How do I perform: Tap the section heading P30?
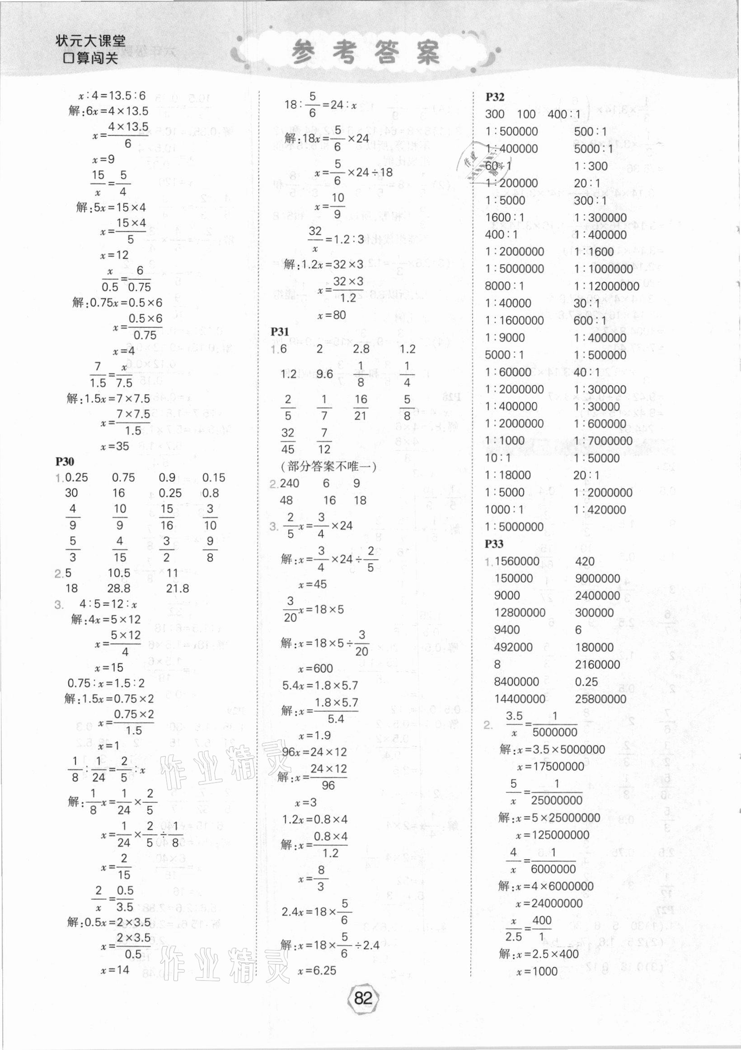pos(65,462)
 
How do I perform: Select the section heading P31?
pos(279,332)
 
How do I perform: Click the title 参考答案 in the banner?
pos(366,52)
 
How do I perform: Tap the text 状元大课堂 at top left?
pos(90,41)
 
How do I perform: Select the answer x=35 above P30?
pos(114,446)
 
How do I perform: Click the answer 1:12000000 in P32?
pos(606,286)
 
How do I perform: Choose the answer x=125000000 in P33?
pos(552,834)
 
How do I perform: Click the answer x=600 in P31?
pos(315,669)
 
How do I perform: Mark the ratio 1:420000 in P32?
pos(600,509)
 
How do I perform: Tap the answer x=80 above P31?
pos(331,315)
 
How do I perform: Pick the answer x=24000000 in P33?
pos(549,903)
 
